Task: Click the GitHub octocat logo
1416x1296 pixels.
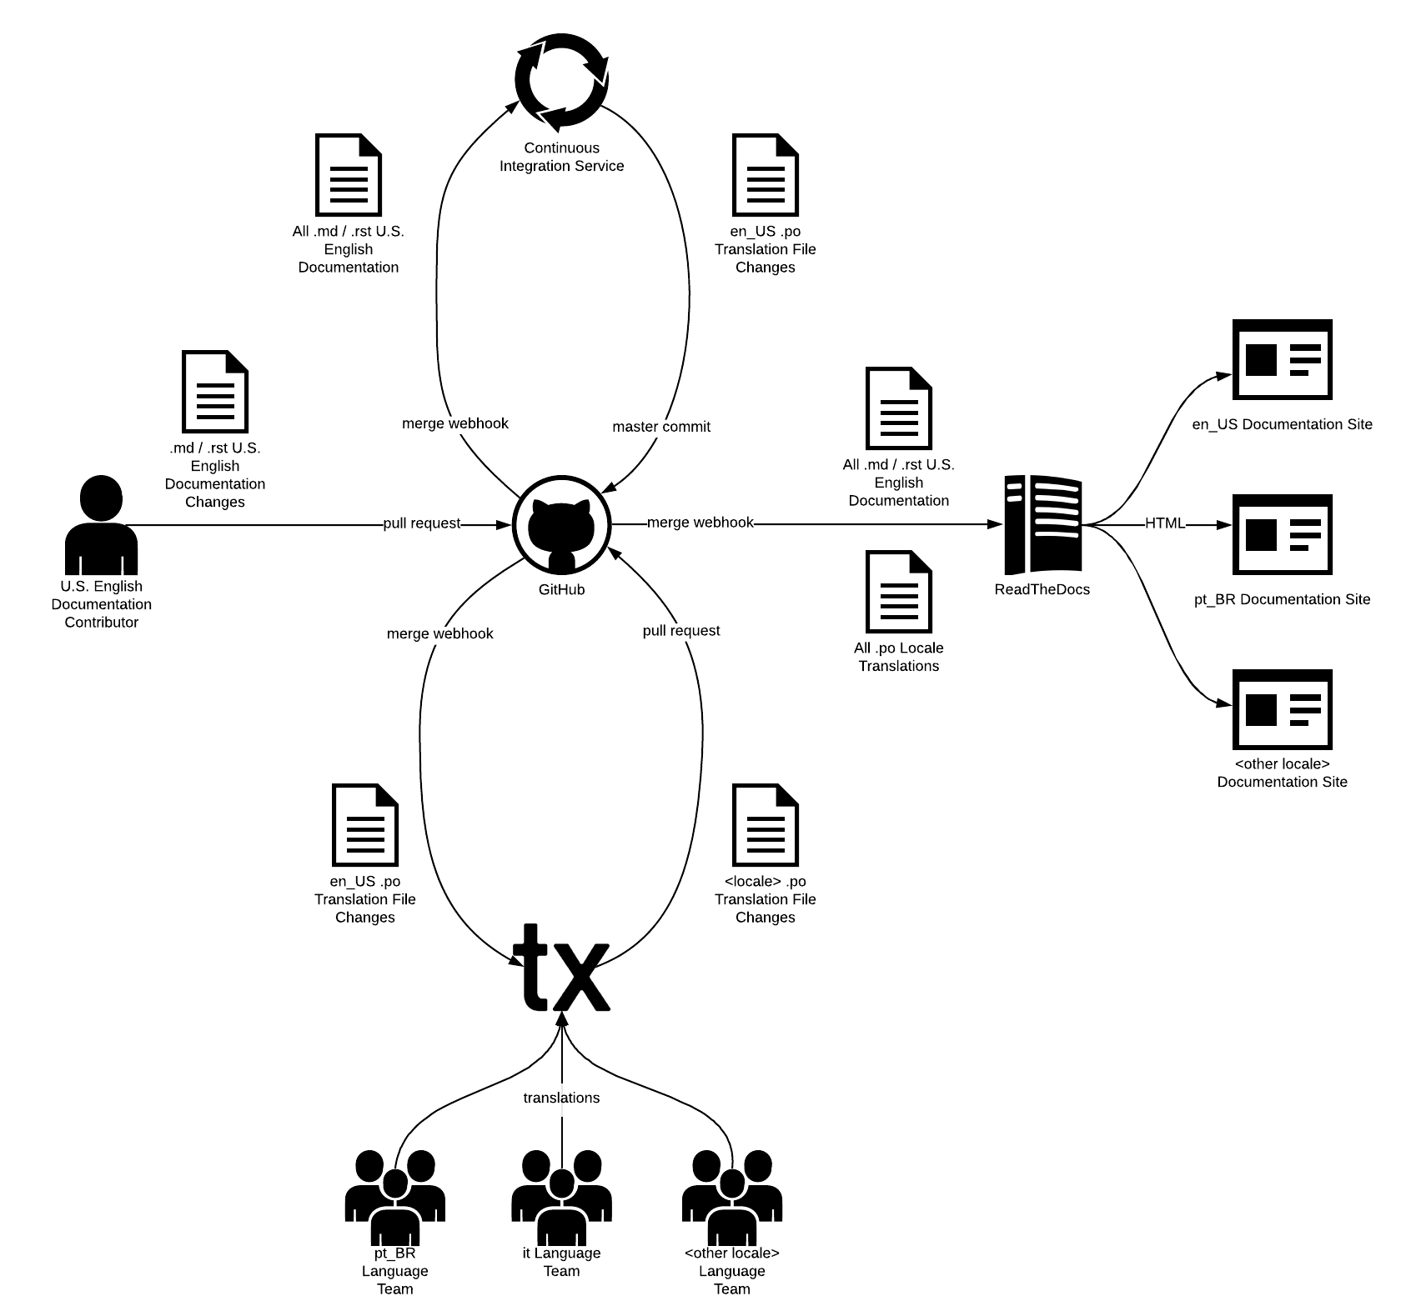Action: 561,525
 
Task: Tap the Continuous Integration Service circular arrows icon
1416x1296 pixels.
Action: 561,81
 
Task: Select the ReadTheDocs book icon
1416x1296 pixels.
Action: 1042,525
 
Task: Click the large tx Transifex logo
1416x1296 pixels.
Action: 561,967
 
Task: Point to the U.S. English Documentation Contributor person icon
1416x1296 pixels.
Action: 101,525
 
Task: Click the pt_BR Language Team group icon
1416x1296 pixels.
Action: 394,1197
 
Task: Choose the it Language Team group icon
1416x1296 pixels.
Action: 561,1197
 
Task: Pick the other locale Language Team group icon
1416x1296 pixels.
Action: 732,1197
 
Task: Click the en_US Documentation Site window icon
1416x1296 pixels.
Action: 1282,360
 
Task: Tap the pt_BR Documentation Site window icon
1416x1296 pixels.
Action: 1282,535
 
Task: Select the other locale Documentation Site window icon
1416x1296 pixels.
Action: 1282,710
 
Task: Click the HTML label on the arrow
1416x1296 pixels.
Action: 1165,523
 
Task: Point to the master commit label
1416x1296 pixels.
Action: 661,427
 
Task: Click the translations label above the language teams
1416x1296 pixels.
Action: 561,1098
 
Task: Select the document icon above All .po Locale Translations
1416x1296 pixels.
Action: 899,591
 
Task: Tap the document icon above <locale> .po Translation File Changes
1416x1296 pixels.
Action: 766,824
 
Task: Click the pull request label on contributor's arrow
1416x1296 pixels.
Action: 421,523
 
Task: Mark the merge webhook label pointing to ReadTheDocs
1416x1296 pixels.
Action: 700,523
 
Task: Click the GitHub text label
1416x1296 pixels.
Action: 561,589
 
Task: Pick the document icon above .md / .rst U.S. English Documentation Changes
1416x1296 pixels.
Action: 215,391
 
